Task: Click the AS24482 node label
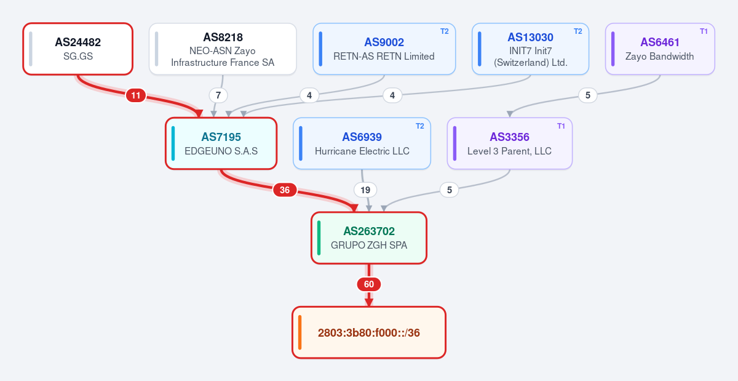[77, 42]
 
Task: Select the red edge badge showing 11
[136, 95]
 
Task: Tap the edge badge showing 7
[218, 95]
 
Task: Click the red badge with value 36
[285, 190]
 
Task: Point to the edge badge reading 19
[365, 190]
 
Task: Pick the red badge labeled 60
[368, 284]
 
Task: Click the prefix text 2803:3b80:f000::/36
[368, 332]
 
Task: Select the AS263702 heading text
[368, 231]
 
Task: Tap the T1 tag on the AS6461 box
[704, 31]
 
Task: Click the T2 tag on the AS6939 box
[419, 126]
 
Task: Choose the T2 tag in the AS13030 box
[578, 31]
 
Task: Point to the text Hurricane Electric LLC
[362, 151]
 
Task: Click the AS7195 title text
[221, 137]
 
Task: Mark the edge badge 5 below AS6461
[588, 95]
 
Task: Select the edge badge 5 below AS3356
[449, 190]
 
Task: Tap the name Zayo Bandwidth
[659, 57]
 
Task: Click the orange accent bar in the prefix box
[300, 332]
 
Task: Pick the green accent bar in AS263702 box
[319, 238]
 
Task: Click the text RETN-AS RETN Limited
[384, 57]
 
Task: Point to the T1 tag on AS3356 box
[561, 126]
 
